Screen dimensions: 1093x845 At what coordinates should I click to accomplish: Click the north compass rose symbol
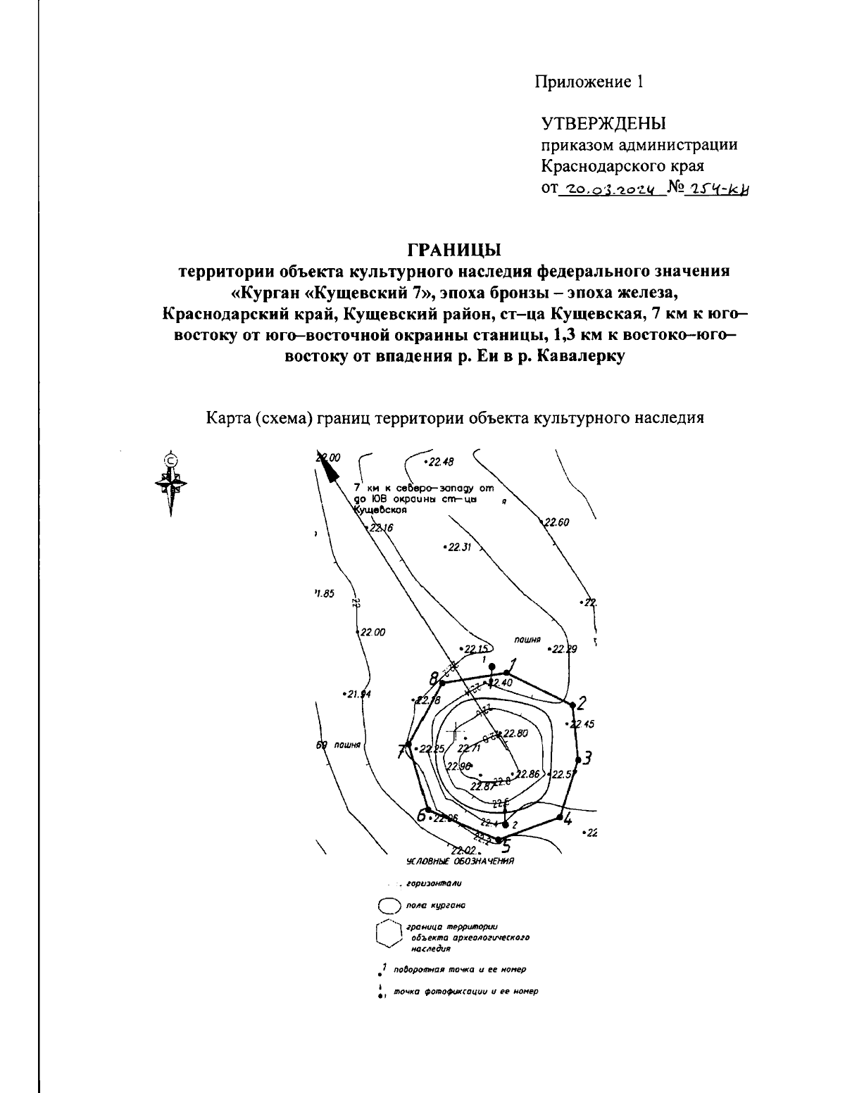click(170, 482)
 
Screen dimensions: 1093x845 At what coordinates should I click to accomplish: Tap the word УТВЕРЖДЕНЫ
click(603, 124)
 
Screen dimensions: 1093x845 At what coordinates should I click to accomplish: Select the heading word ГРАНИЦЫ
click(454, 250)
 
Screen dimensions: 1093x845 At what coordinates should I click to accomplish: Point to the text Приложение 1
click(589, 82)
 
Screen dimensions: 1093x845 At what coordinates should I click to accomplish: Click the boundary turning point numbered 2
click(570, 702)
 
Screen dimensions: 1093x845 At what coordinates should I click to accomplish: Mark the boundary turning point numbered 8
click(442, 683)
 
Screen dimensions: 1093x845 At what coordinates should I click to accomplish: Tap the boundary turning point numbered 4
click(560, 817)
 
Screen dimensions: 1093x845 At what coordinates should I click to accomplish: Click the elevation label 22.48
click(442, 462)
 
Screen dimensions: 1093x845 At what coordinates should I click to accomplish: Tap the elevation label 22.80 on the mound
click(514, 733)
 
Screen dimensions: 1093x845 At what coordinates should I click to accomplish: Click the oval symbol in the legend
click(389, 906)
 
